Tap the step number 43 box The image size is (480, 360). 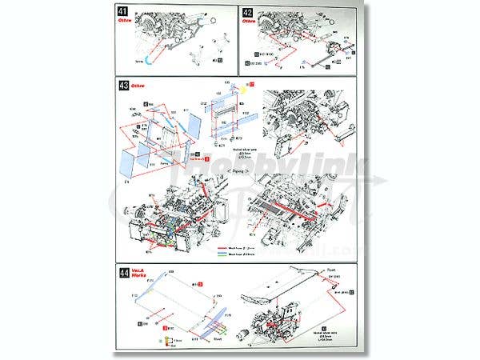coord(123,86)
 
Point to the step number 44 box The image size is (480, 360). coord(123,272)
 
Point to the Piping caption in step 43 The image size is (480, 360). coord(241,171)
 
